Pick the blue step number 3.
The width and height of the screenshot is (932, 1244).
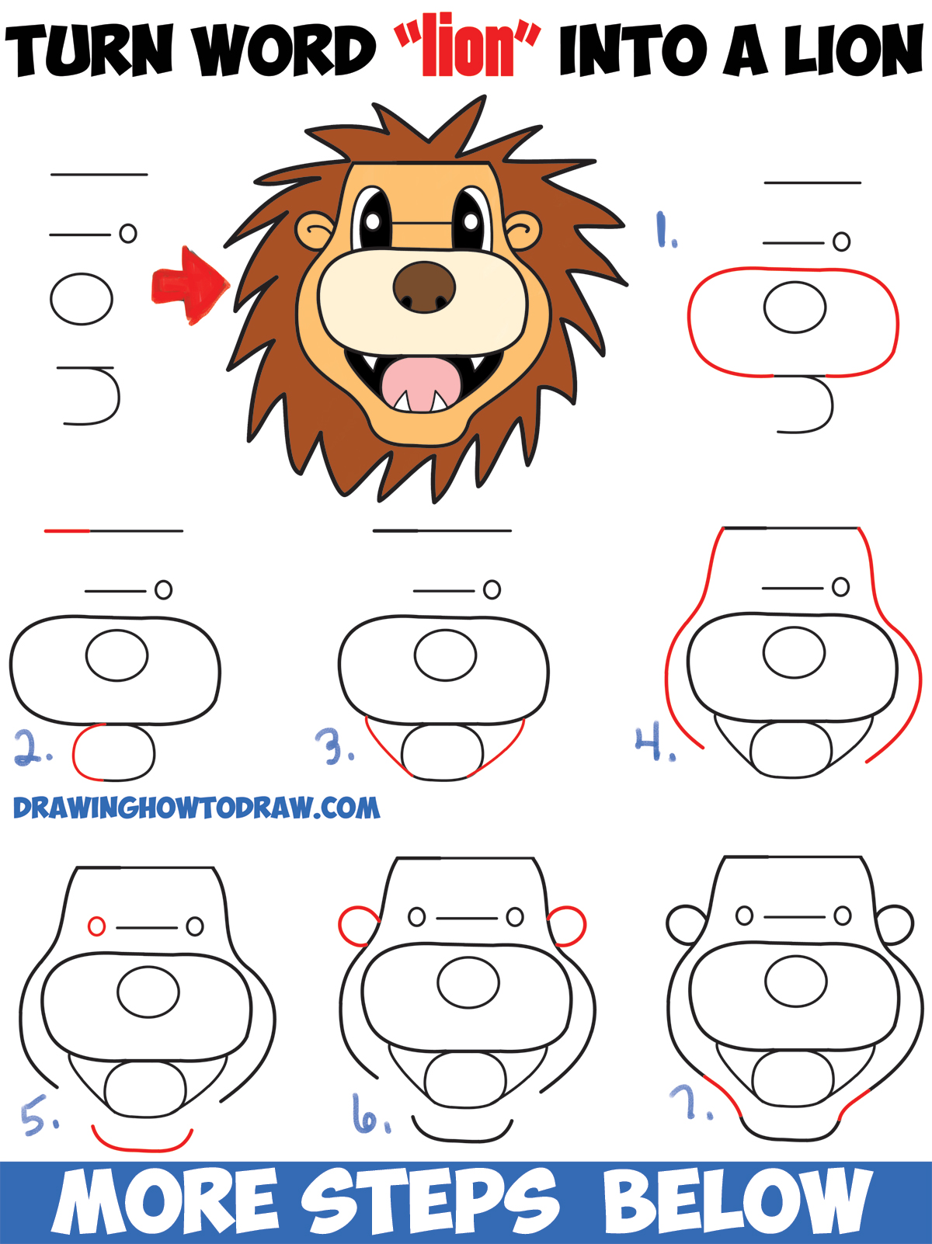click(336, 747)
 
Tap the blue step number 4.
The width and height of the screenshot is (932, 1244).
click(655, 743)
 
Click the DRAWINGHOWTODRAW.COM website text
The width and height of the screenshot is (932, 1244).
click(196, 808)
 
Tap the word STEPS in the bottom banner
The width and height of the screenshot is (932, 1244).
click(429, 1201)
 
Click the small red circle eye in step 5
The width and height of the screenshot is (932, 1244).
click(96, 926)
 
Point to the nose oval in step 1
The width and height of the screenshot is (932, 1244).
click(795, 308)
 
